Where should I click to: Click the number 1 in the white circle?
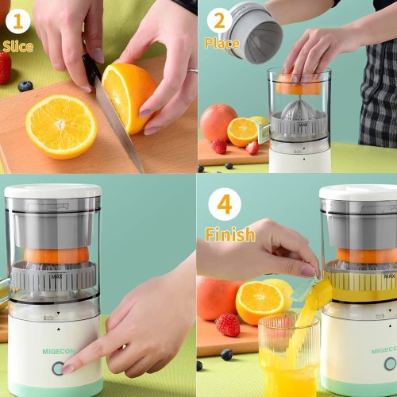(17, 21)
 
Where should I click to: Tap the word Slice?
(18, 46)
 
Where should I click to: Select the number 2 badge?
(219, 21)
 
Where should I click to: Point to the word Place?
(222, 43)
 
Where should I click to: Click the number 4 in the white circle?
(225, 204)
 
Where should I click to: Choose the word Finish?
(230, 234)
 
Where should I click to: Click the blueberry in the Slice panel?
(25, 87)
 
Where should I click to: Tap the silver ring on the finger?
(192, 71)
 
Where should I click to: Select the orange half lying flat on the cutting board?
(61, 127)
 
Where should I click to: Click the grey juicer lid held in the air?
(252, 32)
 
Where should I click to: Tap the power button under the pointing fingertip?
(58, 368)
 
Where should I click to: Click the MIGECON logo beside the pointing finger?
(59, 352)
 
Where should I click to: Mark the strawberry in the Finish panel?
(228, 325)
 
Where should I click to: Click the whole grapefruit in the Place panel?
(218, 122)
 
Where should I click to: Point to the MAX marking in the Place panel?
(303, 124)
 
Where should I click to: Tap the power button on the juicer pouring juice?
(391, 364)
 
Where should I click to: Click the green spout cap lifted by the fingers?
(304, 290)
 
